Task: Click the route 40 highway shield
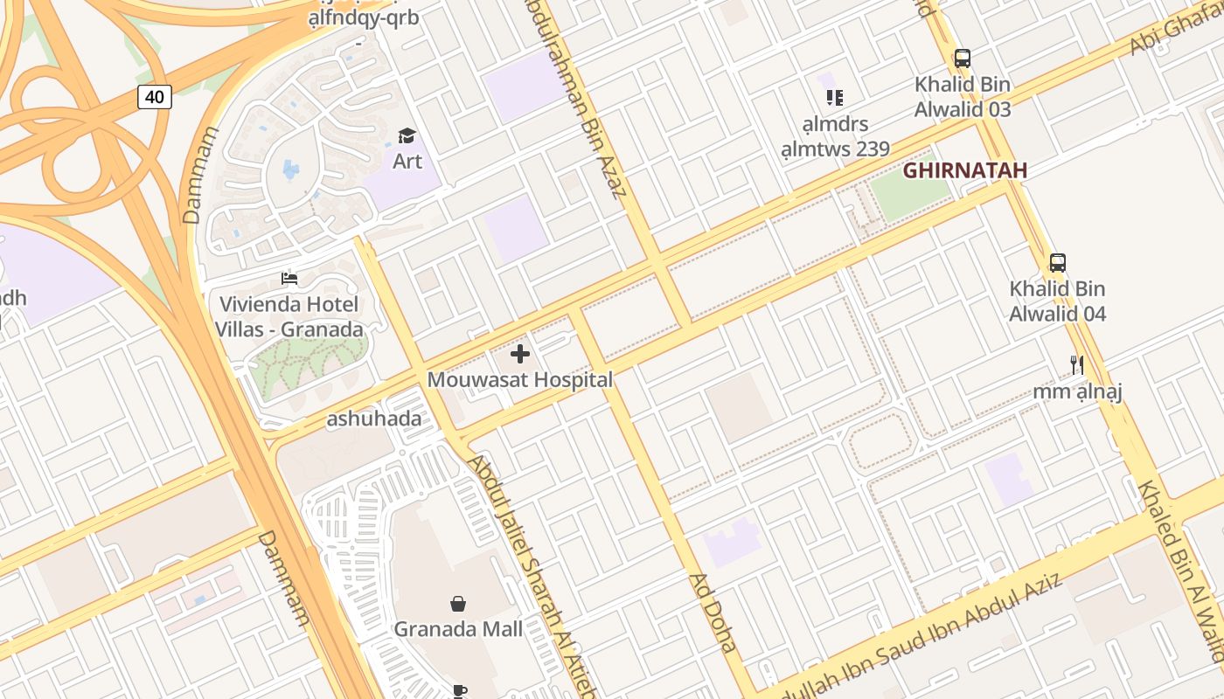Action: [x=154, y=96]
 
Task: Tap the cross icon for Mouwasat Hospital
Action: [x=520, y=354]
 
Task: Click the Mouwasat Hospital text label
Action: [x=519, y=380]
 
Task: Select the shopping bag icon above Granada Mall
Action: [x=457, y=604]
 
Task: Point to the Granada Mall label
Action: [x=458, y=629]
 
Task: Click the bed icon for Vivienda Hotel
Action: [x=289, y=279]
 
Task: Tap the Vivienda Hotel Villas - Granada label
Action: [x=289, y=317]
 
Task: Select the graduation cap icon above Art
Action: [x=407, y=135]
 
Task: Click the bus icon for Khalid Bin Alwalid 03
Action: [x=962, y=59]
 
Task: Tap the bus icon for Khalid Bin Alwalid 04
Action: [x=1057, y=262]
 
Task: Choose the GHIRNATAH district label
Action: [x=964, y=170]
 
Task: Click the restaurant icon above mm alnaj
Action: [x=1077, y=364]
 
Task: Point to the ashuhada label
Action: [x=373, y=419]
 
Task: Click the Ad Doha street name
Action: [x=713, y=613]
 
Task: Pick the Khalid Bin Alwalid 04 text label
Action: [x=1057, y=301]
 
